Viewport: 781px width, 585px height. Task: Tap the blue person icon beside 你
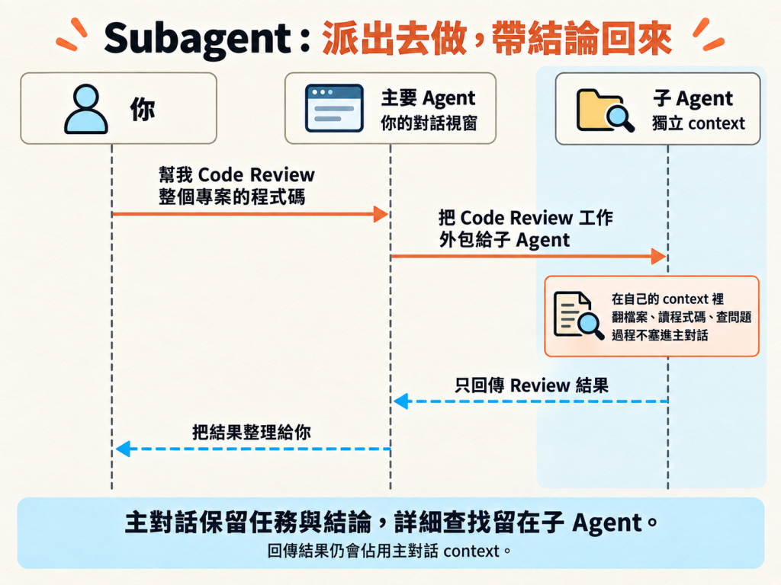tap(85, 109)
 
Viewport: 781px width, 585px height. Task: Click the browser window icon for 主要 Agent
tap(334, 108)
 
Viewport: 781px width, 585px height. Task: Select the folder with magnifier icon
tap(605, 110)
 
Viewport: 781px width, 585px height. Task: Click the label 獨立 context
tap(699, 123)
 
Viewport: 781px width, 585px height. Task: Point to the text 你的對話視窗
tap(429, 123)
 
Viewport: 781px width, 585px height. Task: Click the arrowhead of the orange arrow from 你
tap(381, 214)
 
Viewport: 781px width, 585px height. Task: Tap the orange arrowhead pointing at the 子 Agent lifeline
tap(658, 256)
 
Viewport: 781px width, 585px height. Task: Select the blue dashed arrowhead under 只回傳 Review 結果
tap(401, 401)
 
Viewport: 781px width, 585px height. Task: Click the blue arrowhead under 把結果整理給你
tap(123, 449)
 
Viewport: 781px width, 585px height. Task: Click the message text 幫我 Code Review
tap(236, 174)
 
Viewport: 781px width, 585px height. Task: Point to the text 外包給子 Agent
tap(504, 240)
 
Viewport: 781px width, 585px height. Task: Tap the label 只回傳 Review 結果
tap(532, 385)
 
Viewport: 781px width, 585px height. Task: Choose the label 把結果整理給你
tap(252, 432)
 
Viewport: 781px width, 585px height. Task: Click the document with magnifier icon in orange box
tap(579, 315)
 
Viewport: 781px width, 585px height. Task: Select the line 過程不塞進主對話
tap(660, 335)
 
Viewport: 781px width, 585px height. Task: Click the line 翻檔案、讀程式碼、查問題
tap(681, 317)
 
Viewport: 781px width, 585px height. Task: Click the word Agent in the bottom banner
tap(607, 523)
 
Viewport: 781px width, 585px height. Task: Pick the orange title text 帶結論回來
tap(582, 39)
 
